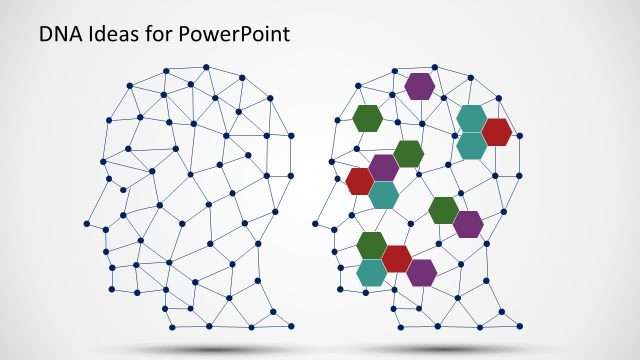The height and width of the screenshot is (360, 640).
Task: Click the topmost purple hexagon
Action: pos(420,86)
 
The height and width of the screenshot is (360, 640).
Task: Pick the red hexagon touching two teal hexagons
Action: pos(497,131)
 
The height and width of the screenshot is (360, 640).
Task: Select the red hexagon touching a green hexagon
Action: pos(397,258)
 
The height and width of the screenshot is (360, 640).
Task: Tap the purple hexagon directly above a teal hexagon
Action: pos(384,167)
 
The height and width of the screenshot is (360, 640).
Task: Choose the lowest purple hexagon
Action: pos(421,272)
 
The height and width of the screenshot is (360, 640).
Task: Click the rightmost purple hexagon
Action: pos(468,224)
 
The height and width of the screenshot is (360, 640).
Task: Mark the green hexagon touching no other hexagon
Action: pos(368,118)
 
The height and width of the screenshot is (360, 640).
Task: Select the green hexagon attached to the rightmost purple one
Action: pos(443,210)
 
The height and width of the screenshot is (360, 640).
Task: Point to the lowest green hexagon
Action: pos(371,245)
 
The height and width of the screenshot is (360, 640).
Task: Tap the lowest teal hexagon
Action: pos(372,272)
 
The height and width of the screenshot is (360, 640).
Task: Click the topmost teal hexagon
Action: pos(471,118)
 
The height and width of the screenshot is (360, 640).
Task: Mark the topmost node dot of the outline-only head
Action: pos(206,67)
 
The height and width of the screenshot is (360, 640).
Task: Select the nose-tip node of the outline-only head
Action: pos(87,223)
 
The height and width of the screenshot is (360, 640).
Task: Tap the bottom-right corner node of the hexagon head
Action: pos(520,326)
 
